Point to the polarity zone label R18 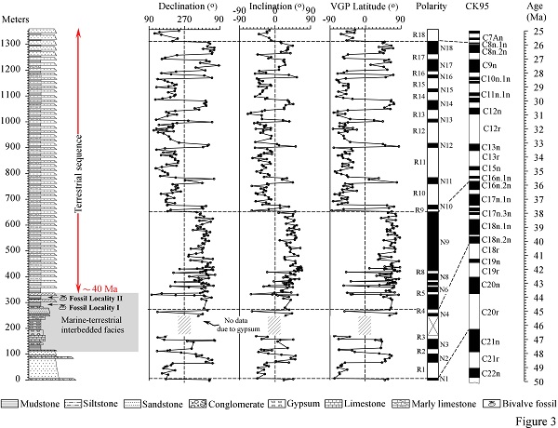[x=418, y=35]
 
